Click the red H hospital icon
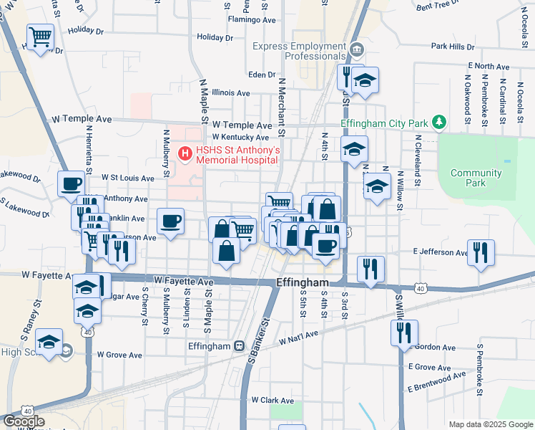(186, 152)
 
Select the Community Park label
(476, 178)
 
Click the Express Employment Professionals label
(299, 50)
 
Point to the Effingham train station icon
(240, 346)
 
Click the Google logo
(23, 421)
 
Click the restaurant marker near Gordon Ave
(404, 333)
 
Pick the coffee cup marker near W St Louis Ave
(72, 183)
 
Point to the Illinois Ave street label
(230, 93)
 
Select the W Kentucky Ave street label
(240, 137)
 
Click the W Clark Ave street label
(272, 401)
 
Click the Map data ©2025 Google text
(490, 424)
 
